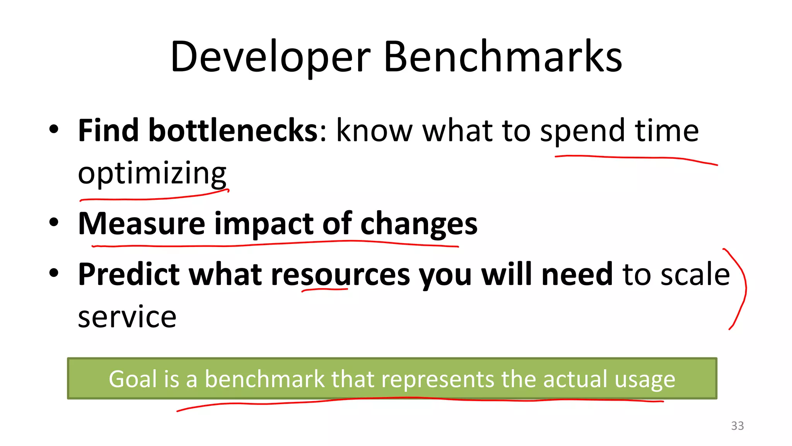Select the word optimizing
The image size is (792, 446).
point(152,173)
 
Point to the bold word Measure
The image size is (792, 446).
point(142,223)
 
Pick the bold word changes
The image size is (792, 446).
point(419,224)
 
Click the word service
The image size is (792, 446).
point(127,317)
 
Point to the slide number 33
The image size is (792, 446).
point(737,426)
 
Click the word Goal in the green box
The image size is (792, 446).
point(133,379)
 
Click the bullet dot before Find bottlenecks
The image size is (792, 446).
point(54,129)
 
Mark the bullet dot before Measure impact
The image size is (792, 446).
point(54,223)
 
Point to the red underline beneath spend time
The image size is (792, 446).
point(634,158)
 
